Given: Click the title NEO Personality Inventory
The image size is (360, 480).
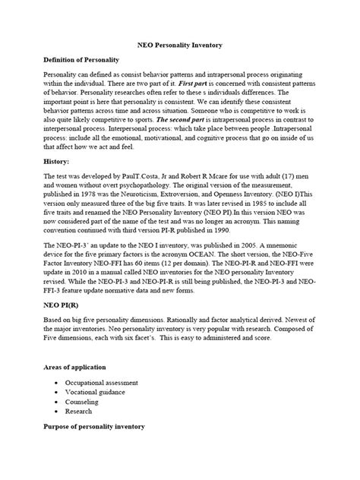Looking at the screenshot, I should coord(179,46).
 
